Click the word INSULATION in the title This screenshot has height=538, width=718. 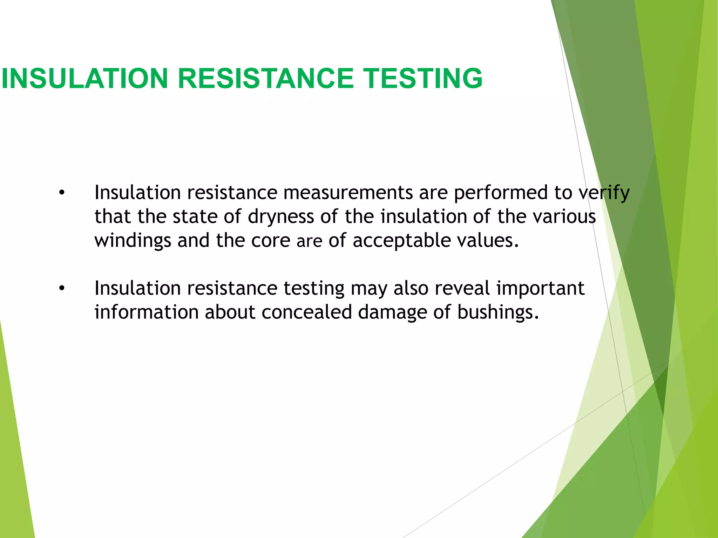pyautogui.click(x=85, y=78)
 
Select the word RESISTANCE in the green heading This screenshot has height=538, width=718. pyautogui.click(x=266, y=78)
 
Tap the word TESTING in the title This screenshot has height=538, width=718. pyautogui.click(x=422, y=78)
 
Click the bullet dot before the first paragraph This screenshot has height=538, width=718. pyautogui.click(x=62, y=193)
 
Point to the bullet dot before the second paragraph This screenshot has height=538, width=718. pyautogui.click(x=62, y=289)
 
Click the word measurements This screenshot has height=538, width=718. pyautogui.click(x=348, y=193)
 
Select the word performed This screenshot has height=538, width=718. pyautogui.click(x=501, y=193)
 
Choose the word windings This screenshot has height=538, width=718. pyautogui.click(x=133, y=241)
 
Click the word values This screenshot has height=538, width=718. pyautogui.click(x=488, y=241)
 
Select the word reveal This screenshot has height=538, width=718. pyautogui.click(x=462, y=289)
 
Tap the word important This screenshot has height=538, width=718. pyautogui.click(x=540, y=289)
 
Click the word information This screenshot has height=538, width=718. pyautogui.click(x=147, y=312)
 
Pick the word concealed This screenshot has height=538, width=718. pyautogui.click(x=306, y=312)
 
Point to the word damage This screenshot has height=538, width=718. pyautogui.click(x=393, y=312)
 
